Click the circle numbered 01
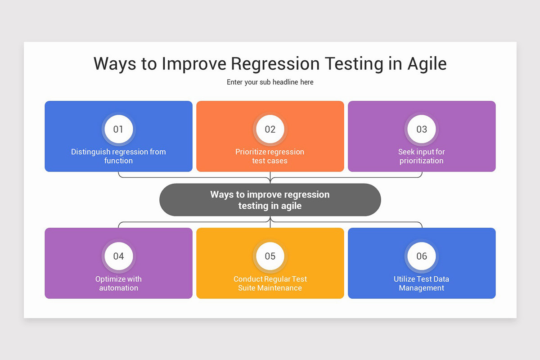coord(118,130)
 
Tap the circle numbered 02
coord(270,130)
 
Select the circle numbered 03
coord(422,130)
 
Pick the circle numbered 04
coord(118,256)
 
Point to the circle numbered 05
coord(270,256)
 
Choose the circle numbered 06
coord(422,256)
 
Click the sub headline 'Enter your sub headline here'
coord(270,82)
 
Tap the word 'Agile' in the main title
coord(427,64)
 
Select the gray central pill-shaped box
coord(270,200)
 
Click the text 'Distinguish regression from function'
coord(118,156)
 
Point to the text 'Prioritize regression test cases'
coord(270,156)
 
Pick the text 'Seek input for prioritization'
coord(422,156)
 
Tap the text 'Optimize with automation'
coord(118,283)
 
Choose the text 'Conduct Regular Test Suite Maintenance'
coord(270,283)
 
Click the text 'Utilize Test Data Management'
coord(422,283)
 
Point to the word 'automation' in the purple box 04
coord(118,288)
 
